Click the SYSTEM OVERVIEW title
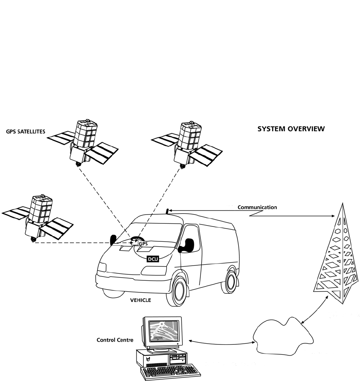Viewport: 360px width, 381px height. [x=291, y=129]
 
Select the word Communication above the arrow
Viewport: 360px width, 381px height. [x=257, y=207]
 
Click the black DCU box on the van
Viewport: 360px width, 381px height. [x=153, y=259]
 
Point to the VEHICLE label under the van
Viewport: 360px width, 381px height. [x=141, y=300]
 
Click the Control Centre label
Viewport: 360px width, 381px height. [x=115, y=340]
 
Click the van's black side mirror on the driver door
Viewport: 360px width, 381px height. [x=187, y=245]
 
